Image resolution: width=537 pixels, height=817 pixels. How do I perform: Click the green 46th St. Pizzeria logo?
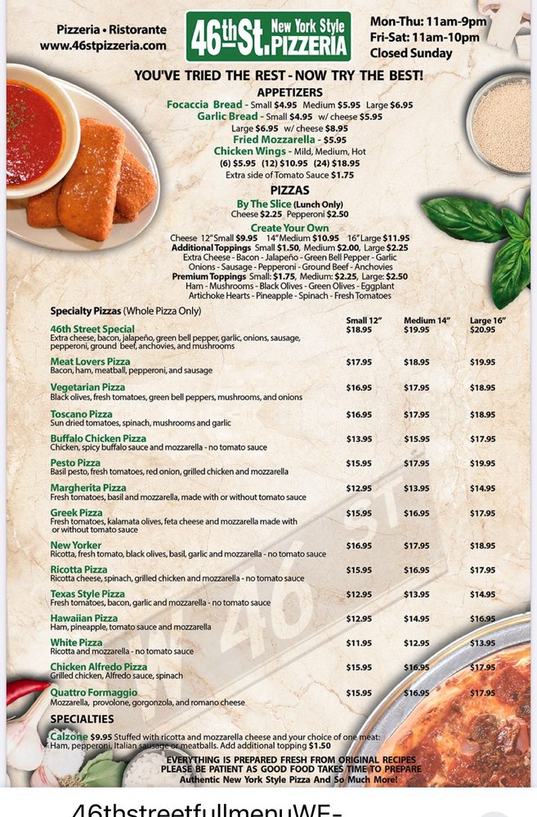tap(268, 36)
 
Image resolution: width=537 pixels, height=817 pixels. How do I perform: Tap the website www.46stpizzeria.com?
tap(103, 46)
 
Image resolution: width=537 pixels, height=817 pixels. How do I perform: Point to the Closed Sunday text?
tap(410, 53)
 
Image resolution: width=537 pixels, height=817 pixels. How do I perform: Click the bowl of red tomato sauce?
tap(33, 134)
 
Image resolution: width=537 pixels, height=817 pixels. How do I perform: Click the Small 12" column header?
tap(364, 320)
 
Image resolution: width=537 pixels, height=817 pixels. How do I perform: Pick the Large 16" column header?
tap(488, 320)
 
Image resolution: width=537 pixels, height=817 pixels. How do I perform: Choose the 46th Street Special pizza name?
tap(92, 329)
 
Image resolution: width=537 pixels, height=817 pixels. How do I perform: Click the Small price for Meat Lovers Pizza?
tap(359, 362)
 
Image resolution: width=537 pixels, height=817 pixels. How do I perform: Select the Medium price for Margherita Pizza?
tap(416, 489)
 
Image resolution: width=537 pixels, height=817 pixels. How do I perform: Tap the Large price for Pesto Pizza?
tap(482, 463)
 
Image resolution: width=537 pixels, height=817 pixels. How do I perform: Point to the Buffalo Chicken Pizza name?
tap(98, 439)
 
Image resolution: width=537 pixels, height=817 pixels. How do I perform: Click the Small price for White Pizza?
tap(359, 643)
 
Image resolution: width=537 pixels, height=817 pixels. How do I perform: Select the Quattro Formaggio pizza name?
tap(93, 693)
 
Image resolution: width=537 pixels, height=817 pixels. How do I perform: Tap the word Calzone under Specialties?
tap(69, 736)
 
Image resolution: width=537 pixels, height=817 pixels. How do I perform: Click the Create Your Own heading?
tap(289, 228)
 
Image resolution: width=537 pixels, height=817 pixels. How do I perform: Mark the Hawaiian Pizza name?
tap(83, 618)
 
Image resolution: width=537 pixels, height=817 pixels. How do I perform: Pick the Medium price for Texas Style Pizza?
tap(416, 594)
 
